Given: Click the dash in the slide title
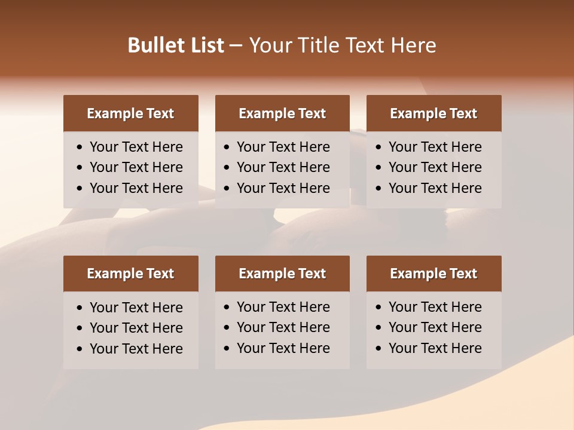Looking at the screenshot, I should coord(236,46).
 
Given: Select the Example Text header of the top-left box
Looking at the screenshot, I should coord(130,113).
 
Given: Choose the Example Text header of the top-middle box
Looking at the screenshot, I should coord(282,113).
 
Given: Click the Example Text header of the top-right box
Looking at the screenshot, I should coord(433,113).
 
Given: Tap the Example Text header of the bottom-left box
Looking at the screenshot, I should coord(130,274).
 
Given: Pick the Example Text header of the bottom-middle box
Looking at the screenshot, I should coord(282,274).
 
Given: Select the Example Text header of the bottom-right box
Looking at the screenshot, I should coord(433,274).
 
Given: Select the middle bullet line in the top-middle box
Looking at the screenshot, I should coord(283,167).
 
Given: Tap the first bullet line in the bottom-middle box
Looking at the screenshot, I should coord(283,307).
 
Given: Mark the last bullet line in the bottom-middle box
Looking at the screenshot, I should coord(283,348).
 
